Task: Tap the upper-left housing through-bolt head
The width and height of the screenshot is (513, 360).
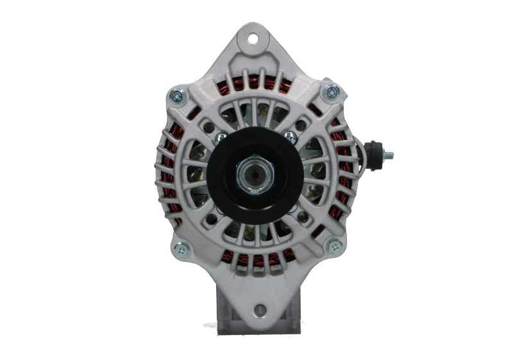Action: (175, 97)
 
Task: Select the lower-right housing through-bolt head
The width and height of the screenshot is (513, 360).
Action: (333, 244)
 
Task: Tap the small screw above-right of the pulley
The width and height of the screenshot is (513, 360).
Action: (290, 135)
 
